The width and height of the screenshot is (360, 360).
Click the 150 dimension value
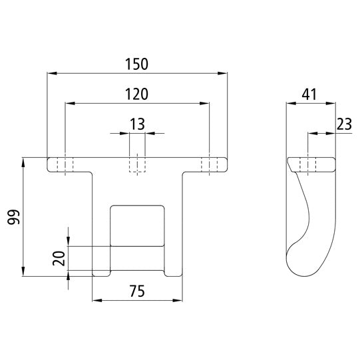point(136,64)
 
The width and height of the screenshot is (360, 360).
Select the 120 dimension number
point(136,94)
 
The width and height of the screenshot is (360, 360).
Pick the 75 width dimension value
point(136,291)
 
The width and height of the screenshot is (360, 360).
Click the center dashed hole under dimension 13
point(137,164)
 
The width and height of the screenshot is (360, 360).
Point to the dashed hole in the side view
point(308,164)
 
